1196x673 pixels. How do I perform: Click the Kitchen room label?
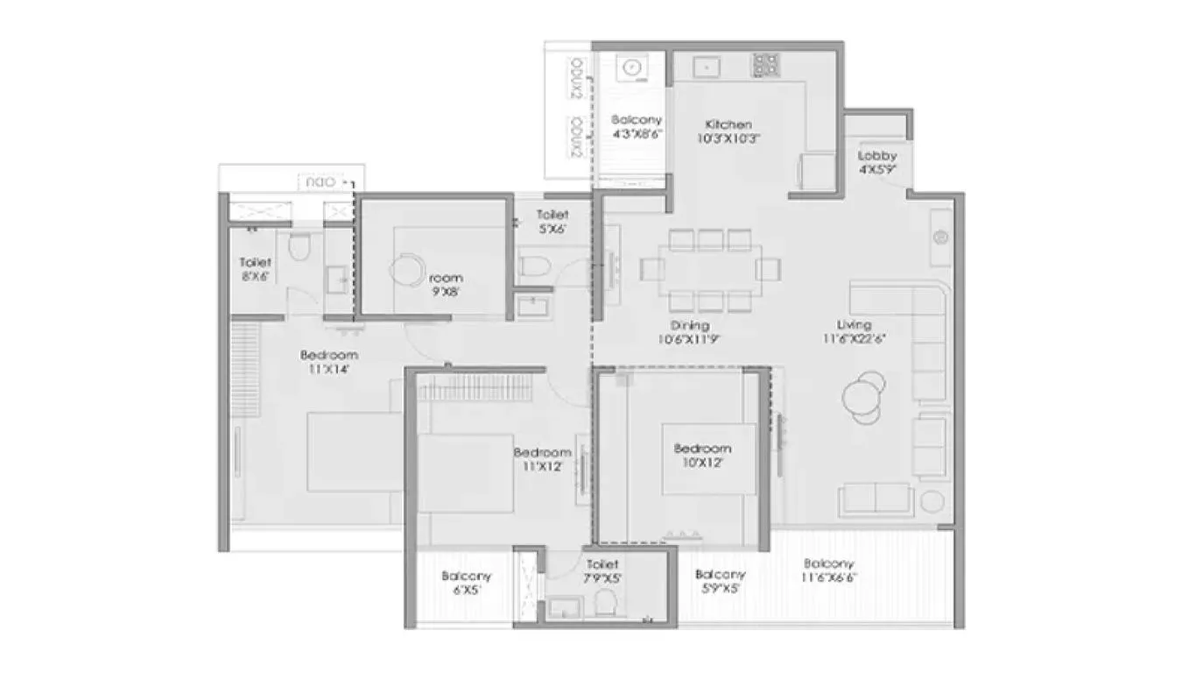(728, 131)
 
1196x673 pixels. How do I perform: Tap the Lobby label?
(876, 162)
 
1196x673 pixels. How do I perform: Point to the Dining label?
(692, 331)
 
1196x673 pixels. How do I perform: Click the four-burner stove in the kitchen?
(764, 64)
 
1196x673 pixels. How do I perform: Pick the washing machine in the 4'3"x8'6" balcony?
(630, 66)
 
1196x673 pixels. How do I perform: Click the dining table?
(710, 269)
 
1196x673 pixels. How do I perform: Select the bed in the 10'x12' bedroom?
(708, 459)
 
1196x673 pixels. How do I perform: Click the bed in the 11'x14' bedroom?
(354, 452)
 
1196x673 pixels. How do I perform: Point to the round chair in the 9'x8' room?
(405, 270)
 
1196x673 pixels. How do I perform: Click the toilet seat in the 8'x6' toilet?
(299, 248)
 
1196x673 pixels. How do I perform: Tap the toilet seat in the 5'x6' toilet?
(533, 266)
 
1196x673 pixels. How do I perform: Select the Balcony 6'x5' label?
(466, 583)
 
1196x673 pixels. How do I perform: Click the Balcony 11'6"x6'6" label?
(829, 570)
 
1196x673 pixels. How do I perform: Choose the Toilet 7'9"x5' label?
(602, 570)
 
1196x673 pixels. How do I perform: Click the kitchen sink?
(706, 66)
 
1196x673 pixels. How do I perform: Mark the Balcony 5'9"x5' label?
(721, 581)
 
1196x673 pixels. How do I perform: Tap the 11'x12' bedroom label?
(542, 458)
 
